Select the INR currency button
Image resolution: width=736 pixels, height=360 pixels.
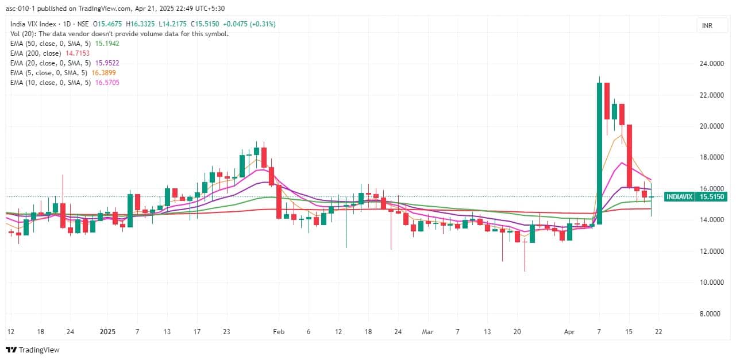[x=707, y=25]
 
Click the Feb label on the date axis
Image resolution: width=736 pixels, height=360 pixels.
[x=279, y=332]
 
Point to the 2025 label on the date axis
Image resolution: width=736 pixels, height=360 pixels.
[x=107, y=332]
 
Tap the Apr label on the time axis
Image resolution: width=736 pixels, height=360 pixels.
[x=569, y=332]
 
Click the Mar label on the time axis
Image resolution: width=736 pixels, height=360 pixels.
[x=427, y=332]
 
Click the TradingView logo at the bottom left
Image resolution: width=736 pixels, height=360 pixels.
[x=33, y=350]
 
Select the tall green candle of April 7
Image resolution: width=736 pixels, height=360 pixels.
[x=599, y=153]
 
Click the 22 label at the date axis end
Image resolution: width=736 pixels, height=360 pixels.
[x=659, y=332]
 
